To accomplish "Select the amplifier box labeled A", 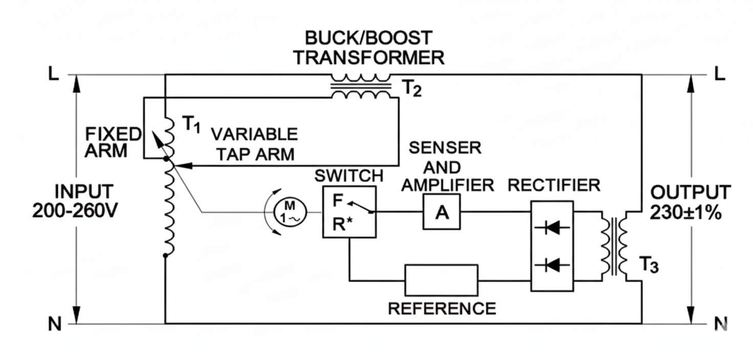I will pos(441,212).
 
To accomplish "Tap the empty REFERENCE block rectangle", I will pos(441,280).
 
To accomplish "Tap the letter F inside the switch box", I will pos(338,200).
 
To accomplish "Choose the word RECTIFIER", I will pos(553,185).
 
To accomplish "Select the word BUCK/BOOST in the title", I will pos(368,38).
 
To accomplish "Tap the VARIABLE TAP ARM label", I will pos(254,144).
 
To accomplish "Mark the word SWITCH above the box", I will pos(348,176).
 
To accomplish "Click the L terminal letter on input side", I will pos(54,75).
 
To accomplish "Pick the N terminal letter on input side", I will pos(55,324).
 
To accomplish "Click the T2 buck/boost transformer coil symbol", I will pos(361,86).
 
